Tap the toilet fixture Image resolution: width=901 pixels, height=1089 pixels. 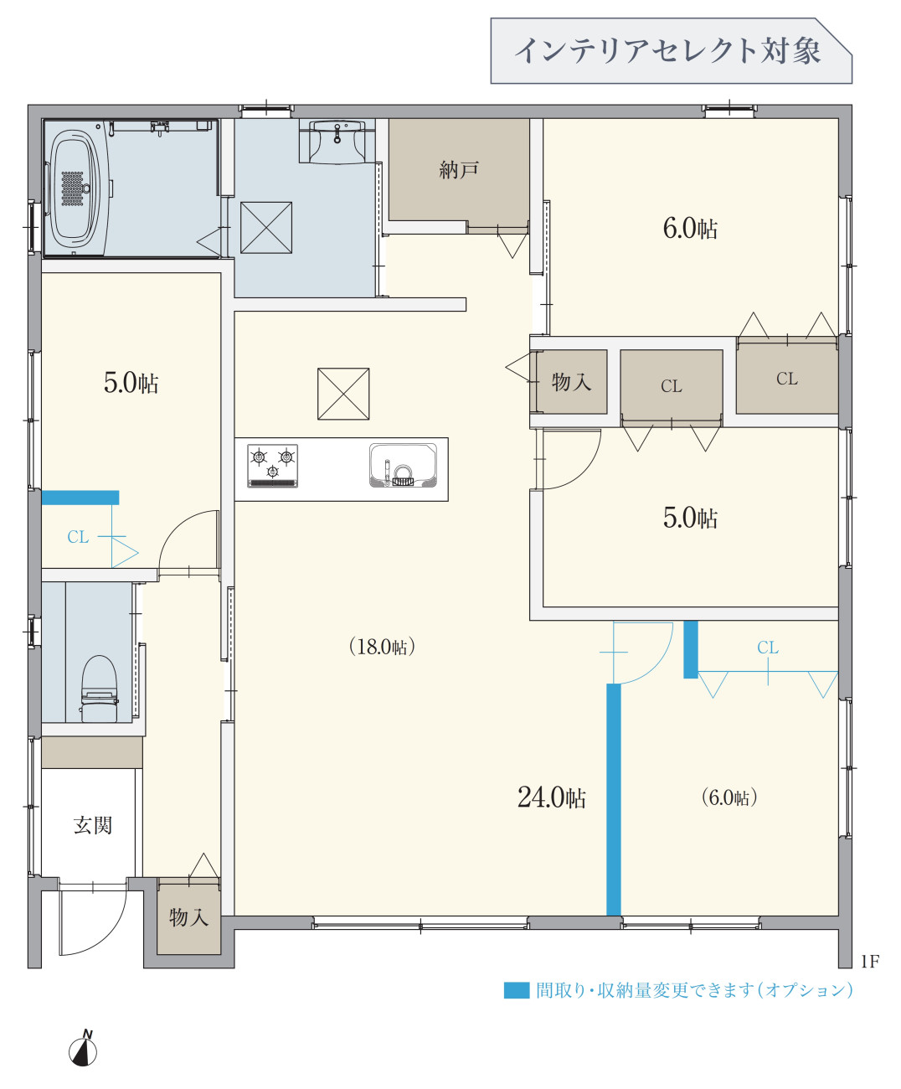pyautogui.click(x=100, y=688)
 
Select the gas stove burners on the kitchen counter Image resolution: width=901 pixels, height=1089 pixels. pyautogui.click(x=272, y=466)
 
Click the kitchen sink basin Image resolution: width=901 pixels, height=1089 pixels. pyautogui.click(x=403, y=466)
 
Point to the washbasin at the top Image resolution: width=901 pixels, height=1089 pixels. pyautogui.click(x=337, y=137)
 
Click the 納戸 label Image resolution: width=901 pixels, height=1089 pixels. pyautogui.click(x=459, y=170)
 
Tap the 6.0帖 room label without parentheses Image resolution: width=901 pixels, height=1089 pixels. pyautogui.click(x=690, y=228)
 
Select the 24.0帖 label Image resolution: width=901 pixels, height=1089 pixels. pyautogui.click(x=551, y=797)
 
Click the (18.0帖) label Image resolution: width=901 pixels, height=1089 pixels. pyautogui.click(x=382, y=647)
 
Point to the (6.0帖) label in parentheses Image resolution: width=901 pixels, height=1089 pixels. pyautogui.click(x=729, y=797)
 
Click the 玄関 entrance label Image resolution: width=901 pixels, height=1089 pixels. pyautogui.click(x=92, y=825)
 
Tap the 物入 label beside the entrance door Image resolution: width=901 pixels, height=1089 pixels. pyautogui.click(x=188, y=917)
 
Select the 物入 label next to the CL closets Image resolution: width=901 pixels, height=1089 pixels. pyautogui.click(x=571, y=382)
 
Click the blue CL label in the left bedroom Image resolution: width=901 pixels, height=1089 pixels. pyautogui.click(x=78, y=537)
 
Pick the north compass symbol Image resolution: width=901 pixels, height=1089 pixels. pyautogui.click(x=83, y=1050)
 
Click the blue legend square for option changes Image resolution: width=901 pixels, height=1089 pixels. pyautogui.click(x=517, y=990)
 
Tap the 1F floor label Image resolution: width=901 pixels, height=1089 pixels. pyautogui.click(x=870, y=962)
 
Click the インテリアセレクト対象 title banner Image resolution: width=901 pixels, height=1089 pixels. pyautogui.click(x=670, y=51)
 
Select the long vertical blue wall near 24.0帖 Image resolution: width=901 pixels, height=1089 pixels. pyautogui.click(x=614, y=799)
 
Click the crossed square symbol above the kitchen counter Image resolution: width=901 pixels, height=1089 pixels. pyautogui.click(x=343, y=394)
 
